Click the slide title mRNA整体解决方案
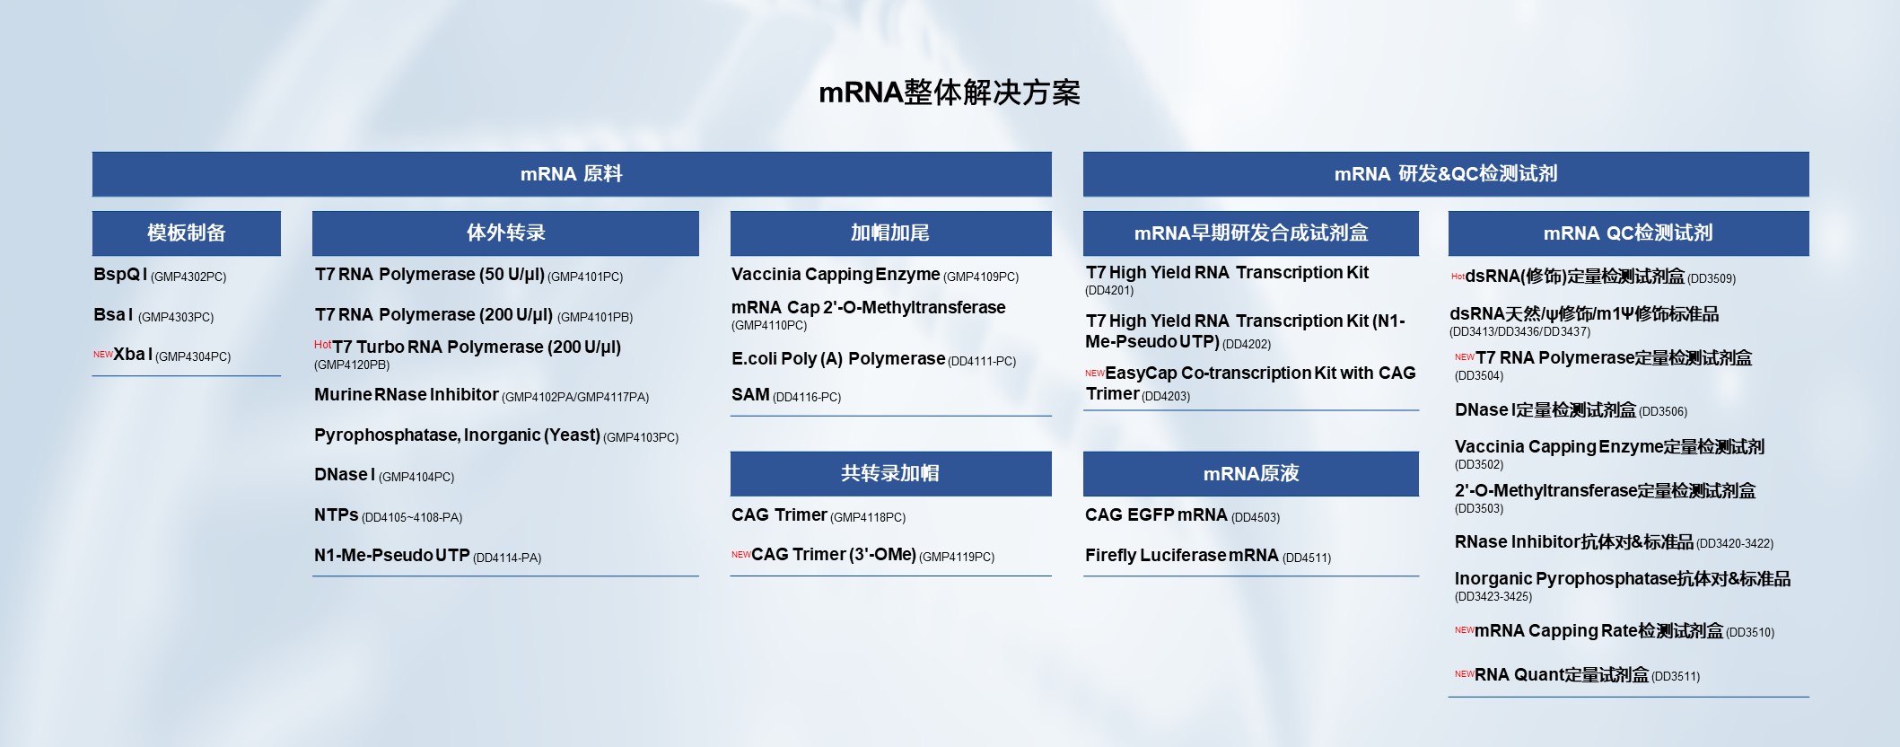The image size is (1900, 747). pos(950,92)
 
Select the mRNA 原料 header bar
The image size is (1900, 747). pos(572,174)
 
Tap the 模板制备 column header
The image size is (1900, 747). pos(187,233)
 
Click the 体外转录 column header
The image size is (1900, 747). pos(505,233)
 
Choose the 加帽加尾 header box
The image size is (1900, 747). pos(890,233)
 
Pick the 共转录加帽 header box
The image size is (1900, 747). pos(890,473)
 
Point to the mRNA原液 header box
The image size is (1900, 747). pos(1251,473)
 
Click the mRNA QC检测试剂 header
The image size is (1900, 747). pos(1628,233)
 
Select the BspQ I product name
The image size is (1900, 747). pos(120,275)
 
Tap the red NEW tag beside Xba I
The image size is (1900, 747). pos(103,355)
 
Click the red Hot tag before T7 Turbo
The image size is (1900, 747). pos(323,345)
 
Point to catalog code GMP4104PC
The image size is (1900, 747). pos(416,478)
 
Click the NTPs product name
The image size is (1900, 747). pos(337,515)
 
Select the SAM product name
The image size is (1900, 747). pos(750,395)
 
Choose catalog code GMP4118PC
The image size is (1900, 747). pos(868,518)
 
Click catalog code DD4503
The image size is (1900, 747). pos(1256,518)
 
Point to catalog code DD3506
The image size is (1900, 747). pos(1663,412)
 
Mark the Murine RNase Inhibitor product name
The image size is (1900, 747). pos(407,395)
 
